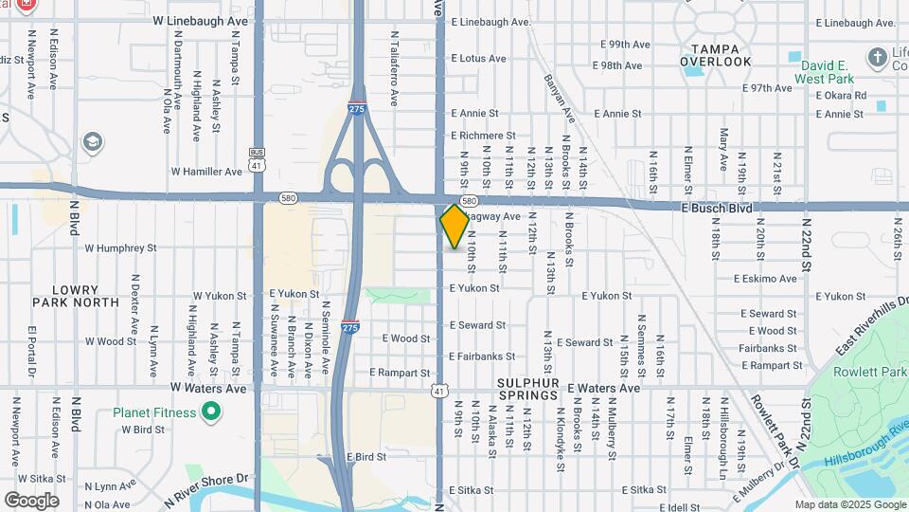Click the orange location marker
coord(454,226)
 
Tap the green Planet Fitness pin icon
coord(211,412)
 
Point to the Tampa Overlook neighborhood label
coord(722,55)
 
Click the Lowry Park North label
coord(76,296)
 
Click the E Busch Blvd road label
coord(717,206)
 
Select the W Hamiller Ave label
coord(206,172)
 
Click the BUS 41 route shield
coord(257,157)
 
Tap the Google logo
coord(31,501)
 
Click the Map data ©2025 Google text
coord(849,504)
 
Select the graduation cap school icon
coord(92,143)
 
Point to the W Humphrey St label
coord(120,248)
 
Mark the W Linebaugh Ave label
coord(200,20)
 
